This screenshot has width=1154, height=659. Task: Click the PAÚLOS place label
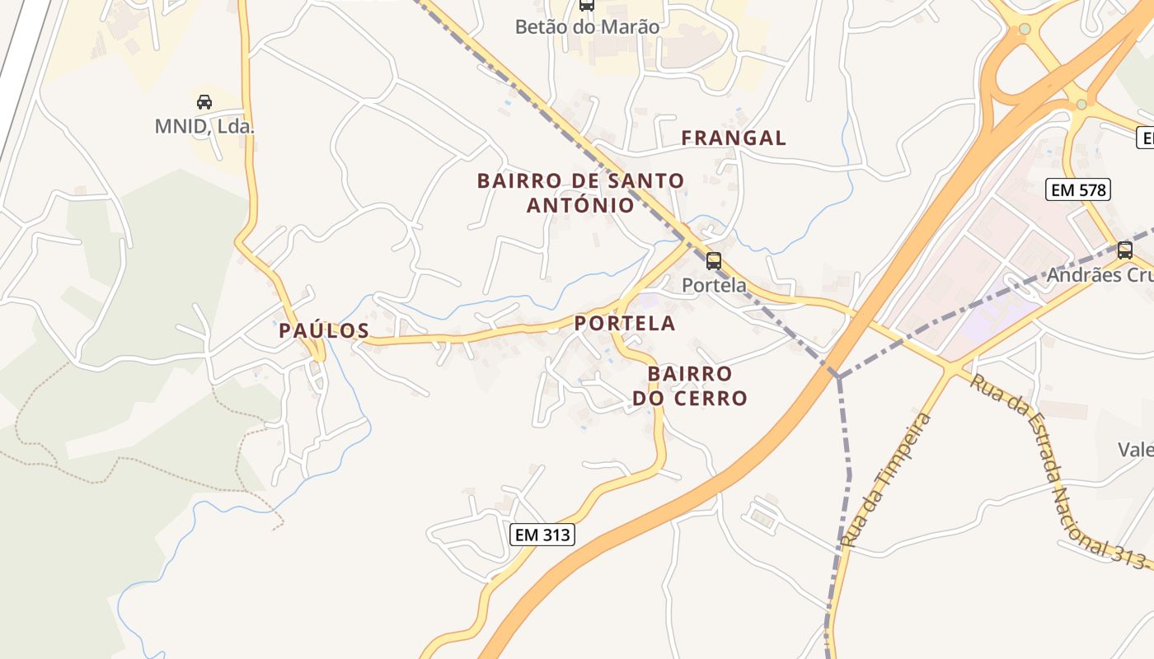[323, 331]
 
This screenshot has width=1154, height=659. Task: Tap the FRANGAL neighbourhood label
[734, 138]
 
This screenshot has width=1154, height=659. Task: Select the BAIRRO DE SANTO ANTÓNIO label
[580, 193]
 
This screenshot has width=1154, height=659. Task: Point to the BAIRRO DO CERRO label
[690, 386]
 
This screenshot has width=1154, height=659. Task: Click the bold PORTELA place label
[625, 324]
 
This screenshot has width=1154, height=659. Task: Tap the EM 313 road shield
[542, 535]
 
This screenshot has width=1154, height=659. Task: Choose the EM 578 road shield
[1079, 190]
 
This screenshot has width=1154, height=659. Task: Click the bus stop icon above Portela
[714, 261]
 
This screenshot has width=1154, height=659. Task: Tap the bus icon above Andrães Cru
[1125, 250]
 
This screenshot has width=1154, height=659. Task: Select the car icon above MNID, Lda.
[204, 102]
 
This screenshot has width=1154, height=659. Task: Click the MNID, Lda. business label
[204, 127]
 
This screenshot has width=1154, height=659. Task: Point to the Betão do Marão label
[587, 27]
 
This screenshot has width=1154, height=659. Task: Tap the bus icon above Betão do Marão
[586, 5]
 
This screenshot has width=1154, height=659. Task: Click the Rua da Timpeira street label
[886, 480]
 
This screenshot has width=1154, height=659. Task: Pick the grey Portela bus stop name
[714, 285]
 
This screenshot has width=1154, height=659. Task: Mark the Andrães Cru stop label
[1100, 275]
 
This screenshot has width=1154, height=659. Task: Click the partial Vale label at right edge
[1135, 450]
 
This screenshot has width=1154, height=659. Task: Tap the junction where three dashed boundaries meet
[838, 376]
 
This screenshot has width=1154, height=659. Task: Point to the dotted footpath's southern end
[281, 522]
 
